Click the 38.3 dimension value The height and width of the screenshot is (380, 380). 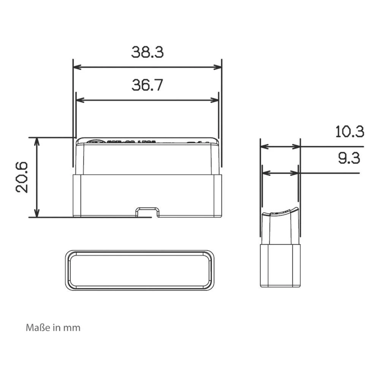click(x=147, y=52)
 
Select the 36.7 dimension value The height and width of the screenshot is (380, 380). click(x=147, y=85)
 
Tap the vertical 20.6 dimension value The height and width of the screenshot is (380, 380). click(x=22, y=177)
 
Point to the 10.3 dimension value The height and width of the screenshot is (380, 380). click(x=350, y=131)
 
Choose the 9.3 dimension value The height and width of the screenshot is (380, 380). click(x=349, y=158)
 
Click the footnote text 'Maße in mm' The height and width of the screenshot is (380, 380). click(x=53, y=328)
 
